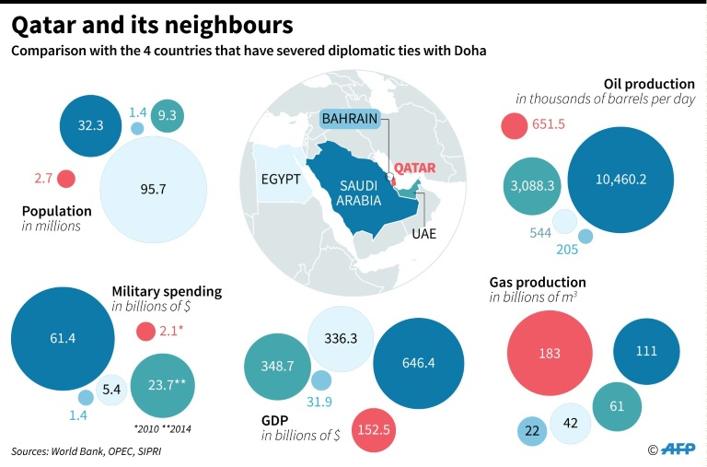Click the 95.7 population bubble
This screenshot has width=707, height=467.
coord(153,189)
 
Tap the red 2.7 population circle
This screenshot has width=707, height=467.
coord(66,179)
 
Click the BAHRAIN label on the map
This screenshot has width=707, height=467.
coord(350,120)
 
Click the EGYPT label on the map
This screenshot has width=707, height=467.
coord(281,180)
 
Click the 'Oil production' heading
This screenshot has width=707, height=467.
coord(649,84)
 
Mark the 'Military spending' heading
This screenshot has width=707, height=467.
coord(167,291)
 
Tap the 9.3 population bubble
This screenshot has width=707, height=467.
coord(168,115)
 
